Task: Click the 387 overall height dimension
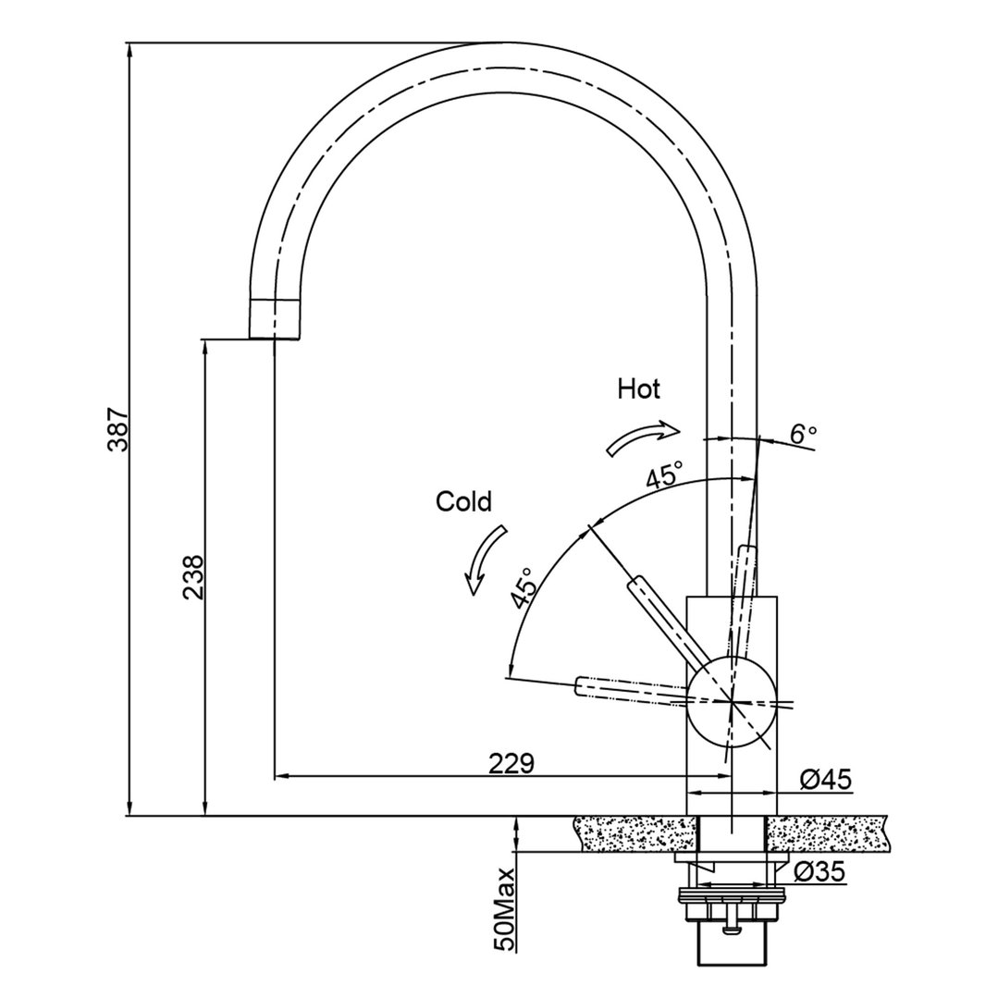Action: (117, 429)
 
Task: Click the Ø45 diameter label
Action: (825, 781)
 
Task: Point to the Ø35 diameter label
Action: (820, 871)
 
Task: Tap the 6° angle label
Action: (803, 432)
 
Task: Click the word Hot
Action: (639, 389)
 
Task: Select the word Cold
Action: (463, 502)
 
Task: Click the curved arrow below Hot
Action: (642, 437)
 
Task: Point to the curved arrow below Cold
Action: (485, 559)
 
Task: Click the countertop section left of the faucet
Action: (633, 834)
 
